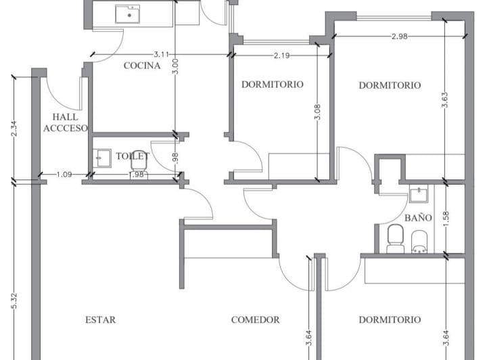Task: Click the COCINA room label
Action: coord(142,66)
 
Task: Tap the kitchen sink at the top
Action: coord(127,14)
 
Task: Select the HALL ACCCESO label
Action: coord(65,122)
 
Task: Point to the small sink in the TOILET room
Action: coord(101,158)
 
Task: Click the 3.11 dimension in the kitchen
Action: coord(161,54)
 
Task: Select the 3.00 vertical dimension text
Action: coord(175,66)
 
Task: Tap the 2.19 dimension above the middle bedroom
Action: coord(281,55)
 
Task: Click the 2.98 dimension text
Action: coord(400,37)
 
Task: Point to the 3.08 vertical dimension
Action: coord(317,112)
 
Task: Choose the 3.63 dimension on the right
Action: coord(445,99)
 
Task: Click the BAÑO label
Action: coord(418,218)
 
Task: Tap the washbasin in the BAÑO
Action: coord(419,194)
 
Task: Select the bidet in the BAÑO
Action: coord(419,242)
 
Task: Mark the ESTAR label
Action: coord(100,319)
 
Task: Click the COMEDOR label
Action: coord(255,319)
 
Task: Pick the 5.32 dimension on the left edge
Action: coord(14,300)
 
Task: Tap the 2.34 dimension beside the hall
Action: coord(14,129)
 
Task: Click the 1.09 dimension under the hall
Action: coord(64,175)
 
